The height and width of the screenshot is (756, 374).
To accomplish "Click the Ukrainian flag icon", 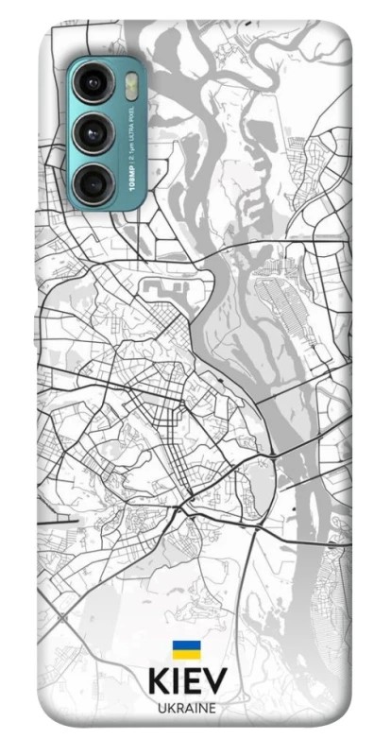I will [185, 650].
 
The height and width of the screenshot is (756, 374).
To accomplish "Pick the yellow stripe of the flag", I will [185, 655].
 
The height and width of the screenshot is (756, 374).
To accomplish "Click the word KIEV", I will [186, 682].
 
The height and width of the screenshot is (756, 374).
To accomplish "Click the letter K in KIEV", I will [159, 682].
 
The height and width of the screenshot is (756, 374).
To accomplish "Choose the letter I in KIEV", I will [176, 682].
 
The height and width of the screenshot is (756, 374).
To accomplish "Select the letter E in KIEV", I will [192, 682].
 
